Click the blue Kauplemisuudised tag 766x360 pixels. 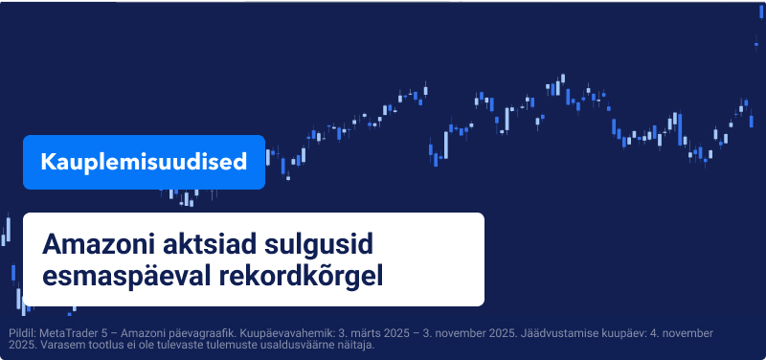click(144, 162)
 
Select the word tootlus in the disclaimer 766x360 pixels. click(107, 345)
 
